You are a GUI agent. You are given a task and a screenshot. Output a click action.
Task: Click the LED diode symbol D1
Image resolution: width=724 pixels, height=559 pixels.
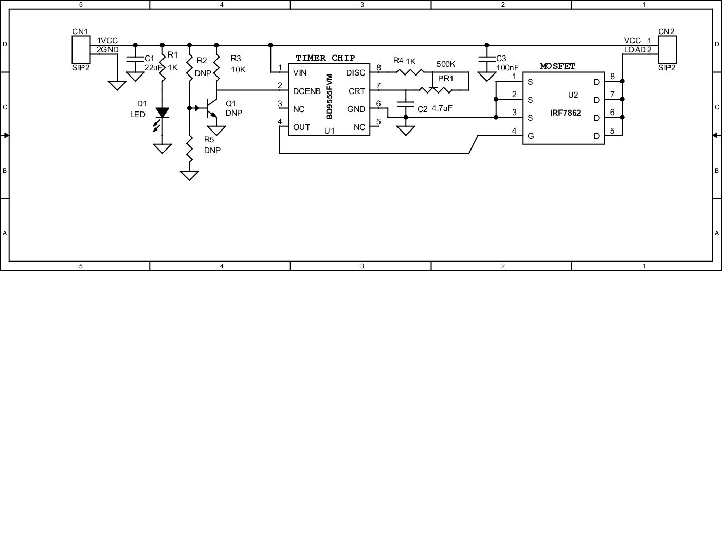162,112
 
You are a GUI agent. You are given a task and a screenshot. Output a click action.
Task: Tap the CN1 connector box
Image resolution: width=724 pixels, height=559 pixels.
80,49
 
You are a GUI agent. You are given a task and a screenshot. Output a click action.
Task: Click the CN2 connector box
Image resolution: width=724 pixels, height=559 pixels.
666,49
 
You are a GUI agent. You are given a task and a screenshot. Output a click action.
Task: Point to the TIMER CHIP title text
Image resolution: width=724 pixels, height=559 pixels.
325,58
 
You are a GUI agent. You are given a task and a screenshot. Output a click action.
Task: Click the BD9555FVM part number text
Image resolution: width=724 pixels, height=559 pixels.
330,97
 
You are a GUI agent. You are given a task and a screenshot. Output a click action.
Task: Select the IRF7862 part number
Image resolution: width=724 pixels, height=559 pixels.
565,113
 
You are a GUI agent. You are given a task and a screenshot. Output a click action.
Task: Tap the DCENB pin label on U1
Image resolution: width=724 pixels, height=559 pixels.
306,91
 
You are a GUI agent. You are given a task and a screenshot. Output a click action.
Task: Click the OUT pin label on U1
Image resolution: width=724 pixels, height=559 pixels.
301,127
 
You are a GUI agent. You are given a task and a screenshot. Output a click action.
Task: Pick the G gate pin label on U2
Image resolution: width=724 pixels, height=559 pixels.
531,136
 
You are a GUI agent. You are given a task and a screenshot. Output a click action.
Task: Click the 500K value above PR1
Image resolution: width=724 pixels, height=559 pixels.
445,64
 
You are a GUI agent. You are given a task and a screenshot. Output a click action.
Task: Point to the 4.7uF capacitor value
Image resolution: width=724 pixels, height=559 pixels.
442,108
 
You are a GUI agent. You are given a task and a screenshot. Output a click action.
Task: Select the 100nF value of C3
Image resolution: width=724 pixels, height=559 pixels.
508,67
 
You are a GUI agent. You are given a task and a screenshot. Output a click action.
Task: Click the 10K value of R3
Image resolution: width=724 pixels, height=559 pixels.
238,69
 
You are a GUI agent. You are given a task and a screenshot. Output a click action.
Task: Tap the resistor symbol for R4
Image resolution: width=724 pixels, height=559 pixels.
410,72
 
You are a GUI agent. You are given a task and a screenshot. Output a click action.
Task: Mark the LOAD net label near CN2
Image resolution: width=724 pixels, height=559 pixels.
635,50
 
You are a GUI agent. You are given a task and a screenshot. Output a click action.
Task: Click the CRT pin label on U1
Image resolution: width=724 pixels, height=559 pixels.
356,91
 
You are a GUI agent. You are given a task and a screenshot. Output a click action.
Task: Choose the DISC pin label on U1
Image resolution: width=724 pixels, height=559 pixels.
355,73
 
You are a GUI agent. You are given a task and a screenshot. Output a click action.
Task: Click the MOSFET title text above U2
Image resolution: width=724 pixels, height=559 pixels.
557,66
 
